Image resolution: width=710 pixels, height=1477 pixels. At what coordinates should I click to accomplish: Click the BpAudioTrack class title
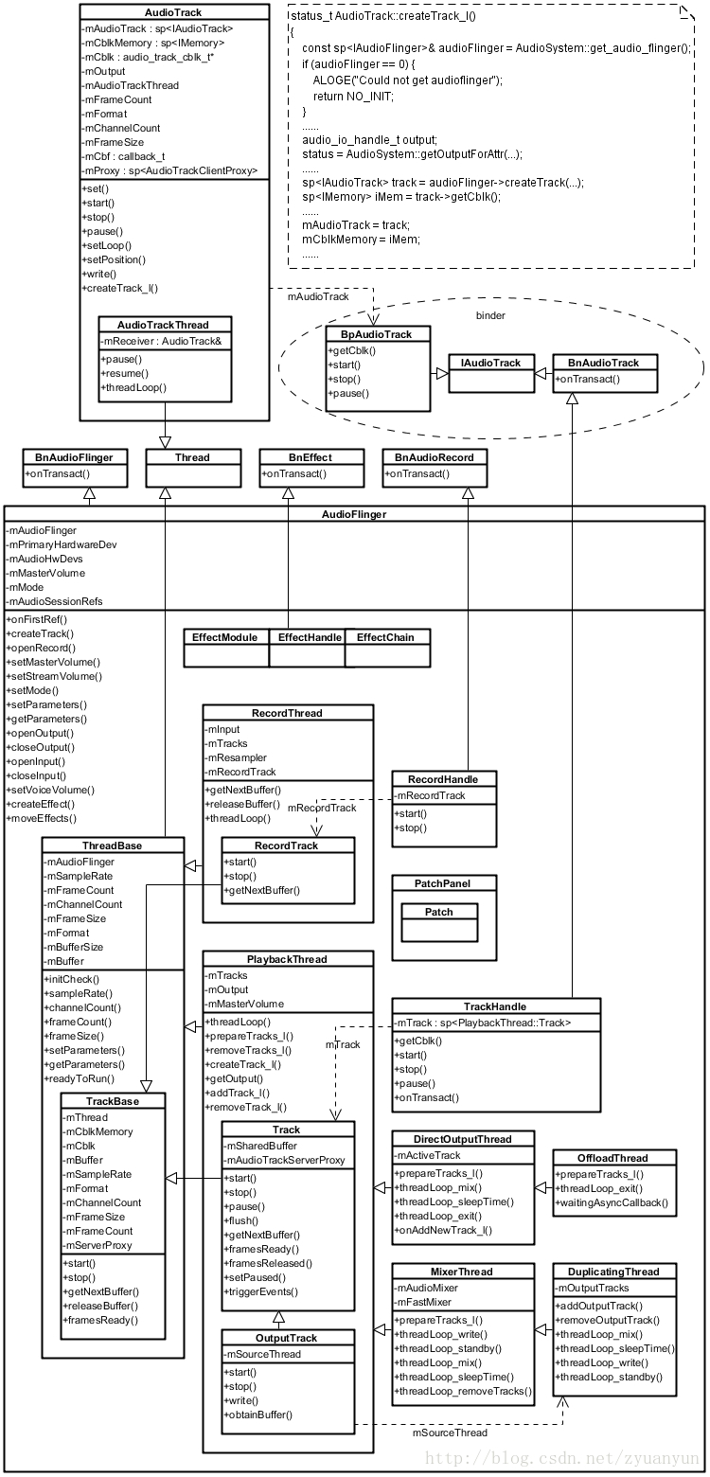click(x=378, y=334)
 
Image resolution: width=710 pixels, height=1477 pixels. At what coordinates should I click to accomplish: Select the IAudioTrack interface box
click(x=490, y=364)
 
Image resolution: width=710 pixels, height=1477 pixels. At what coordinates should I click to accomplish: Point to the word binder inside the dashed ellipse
click(x=489, y=315)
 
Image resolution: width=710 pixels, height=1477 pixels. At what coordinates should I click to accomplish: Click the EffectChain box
click(x=386, y=638)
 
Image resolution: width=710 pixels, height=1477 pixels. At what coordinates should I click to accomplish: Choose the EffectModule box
click(x=225, y=638)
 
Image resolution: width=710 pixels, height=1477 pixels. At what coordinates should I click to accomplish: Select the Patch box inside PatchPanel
click(x=439, y=912)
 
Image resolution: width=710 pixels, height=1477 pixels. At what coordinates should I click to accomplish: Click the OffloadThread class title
click(x=613, y=1158)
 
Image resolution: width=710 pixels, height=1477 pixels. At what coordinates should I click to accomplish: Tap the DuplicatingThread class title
click(x=613, y=1272)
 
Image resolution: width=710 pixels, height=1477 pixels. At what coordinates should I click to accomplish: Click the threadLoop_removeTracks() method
click(x=463, y=1391)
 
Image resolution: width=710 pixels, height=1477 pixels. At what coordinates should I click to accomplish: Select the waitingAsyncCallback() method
click(x=612, y=1203)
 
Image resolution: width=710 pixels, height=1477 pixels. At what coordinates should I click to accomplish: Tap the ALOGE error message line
click(x=407, y=80)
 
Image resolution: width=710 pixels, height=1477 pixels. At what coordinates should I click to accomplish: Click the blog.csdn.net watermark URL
click(x=590, y=1459)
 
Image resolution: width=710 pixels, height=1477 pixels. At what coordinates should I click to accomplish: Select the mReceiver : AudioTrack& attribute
click(x=161, y=341)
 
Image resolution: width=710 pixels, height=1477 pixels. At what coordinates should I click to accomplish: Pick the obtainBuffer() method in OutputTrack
click(x=258, y=1415)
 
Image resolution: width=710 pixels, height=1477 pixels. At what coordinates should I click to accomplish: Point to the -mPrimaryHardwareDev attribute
click(x=63, y=544)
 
